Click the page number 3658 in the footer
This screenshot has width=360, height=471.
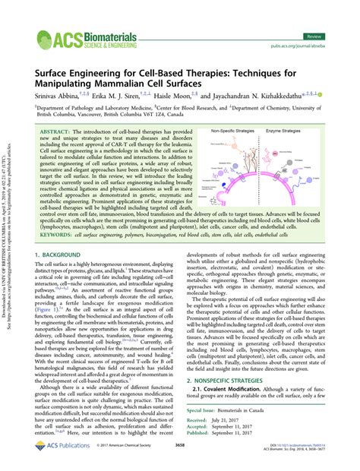click(179, 454)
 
